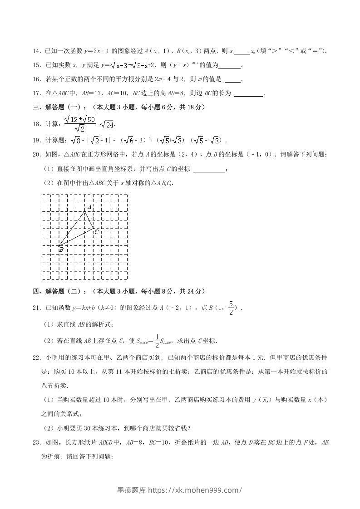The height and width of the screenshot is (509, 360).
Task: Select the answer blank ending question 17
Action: coord(249,94)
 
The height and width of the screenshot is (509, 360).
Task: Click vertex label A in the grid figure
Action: coord(90,207)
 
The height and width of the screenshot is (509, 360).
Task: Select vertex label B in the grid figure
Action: coord(61,250)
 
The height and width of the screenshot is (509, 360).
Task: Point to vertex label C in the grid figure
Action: coord(96,232)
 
